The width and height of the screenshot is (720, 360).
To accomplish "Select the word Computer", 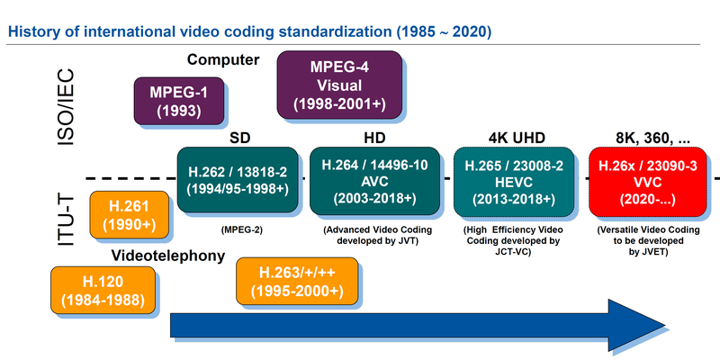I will tap(223, 60).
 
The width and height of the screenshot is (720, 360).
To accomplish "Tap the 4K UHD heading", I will tap(510, 137).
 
